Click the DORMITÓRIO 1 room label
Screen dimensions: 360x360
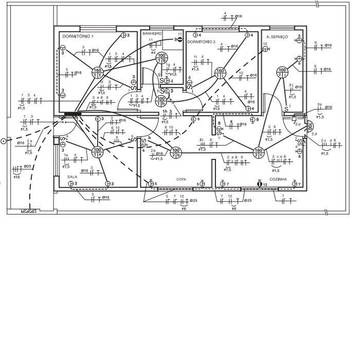[x=78, y=37]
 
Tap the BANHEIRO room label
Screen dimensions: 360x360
[x=152, y=33]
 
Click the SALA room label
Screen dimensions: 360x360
[x=72, y=176]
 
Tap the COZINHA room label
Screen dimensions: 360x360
[x=278, y=179]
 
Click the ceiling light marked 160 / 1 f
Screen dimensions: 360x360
[x=97, y=73]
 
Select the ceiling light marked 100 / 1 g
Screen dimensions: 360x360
[x=162, y=58]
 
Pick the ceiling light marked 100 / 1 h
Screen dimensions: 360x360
[x=161, y=101]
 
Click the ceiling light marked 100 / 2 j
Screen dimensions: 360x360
[x=282, y=72]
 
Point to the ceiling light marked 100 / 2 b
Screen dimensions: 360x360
[x=175, y=152]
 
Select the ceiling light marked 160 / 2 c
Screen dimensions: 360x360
[x=258, y=152]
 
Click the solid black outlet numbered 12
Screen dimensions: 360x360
[x=259, y=184]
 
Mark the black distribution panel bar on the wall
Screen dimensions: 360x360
[x=73, y=113]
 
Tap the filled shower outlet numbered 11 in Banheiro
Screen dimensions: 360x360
[x=179, y=39]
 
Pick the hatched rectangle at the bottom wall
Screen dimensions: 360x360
[x=28, y=211]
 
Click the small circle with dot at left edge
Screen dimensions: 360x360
[x=4, y=140]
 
